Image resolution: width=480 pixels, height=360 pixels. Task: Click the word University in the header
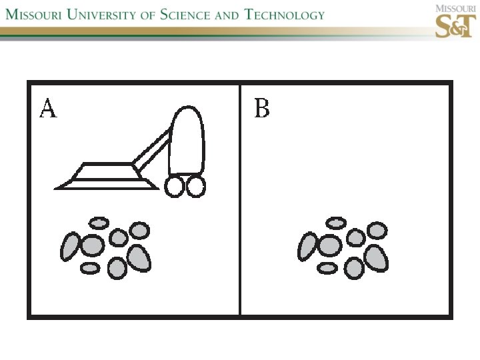pos(105,14)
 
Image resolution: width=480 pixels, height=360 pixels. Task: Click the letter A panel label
pos(48,108)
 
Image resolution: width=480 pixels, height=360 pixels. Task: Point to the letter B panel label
pos(262,108)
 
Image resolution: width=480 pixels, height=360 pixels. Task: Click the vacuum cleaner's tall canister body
pos(186,141)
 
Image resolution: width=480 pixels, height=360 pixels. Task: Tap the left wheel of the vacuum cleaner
pos(175,187)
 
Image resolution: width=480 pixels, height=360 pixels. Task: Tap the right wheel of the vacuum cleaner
pos(196,187)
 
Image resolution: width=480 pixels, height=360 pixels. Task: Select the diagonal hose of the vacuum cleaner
pos(151,151)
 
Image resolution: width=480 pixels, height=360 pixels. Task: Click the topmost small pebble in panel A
pos(99,223)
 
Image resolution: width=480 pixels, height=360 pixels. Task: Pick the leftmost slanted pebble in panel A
pos(70,246)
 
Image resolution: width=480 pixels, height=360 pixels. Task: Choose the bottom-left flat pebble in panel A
pos(90,268)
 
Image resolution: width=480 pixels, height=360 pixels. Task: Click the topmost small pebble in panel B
pos(337,223)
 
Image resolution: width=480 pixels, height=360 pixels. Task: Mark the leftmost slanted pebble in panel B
pos(307,246)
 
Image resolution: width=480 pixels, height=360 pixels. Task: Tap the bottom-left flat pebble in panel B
pos(327,268)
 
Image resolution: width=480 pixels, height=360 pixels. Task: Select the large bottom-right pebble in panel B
pos(377,258)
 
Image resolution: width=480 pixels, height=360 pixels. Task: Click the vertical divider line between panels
pos(240,200)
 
